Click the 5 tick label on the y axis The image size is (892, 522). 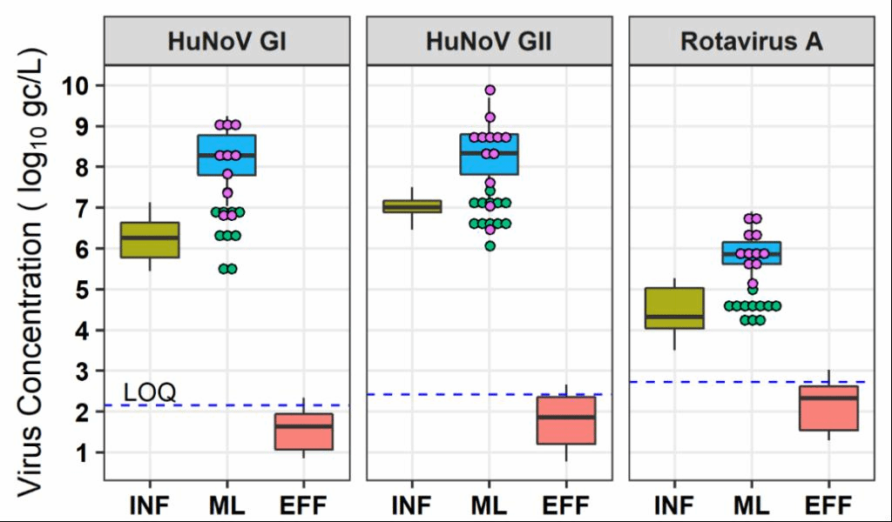click(84, 290)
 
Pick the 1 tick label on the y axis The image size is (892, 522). click(84, 453)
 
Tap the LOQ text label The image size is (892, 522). click(150, 392)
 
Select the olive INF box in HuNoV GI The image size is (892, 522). click(150, 240)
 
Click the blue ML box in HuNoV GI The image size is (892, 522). click(226, 155)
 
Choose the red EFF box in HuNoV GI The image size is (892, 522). click(304, 432)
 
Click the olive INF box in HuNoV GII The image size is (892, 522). click(412, 206)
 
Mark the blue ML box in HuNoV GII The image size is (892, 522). click(489, 154)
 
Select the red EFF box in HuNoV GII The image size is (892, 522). click(566, 420)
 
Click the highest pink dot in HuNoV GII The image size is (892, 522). click(490, 90)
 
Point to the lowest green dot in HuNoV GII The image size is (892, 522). click(490, 246)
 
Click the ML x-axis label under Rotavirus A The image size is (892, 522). click(751, 504)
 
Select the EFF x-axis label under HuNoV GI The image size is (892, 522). click(304, 504)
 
